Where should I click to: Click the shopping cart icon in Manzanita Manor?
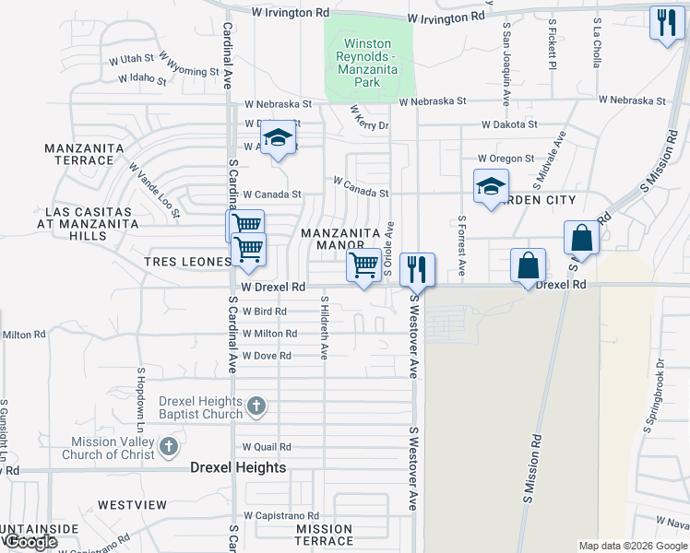click(x=364, y=265)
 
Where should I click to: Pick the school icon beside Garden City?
click(x=491, y=186)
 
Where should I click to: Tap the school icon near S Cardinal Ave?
click(x=277, y=137)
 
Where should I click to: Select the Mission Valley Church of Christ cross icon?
click(x=168, y=447)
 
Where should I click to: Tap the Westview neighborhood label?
click(x=132, y=505)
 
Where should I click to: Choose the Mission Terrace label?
click(x=324, y=535)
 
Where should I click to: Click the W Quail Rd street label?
click(x=267, y=447)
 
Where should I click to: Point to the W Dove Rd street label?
click(x=267, y=356)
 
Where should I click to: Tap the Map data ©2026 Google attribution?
click(x=633, y=546)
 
